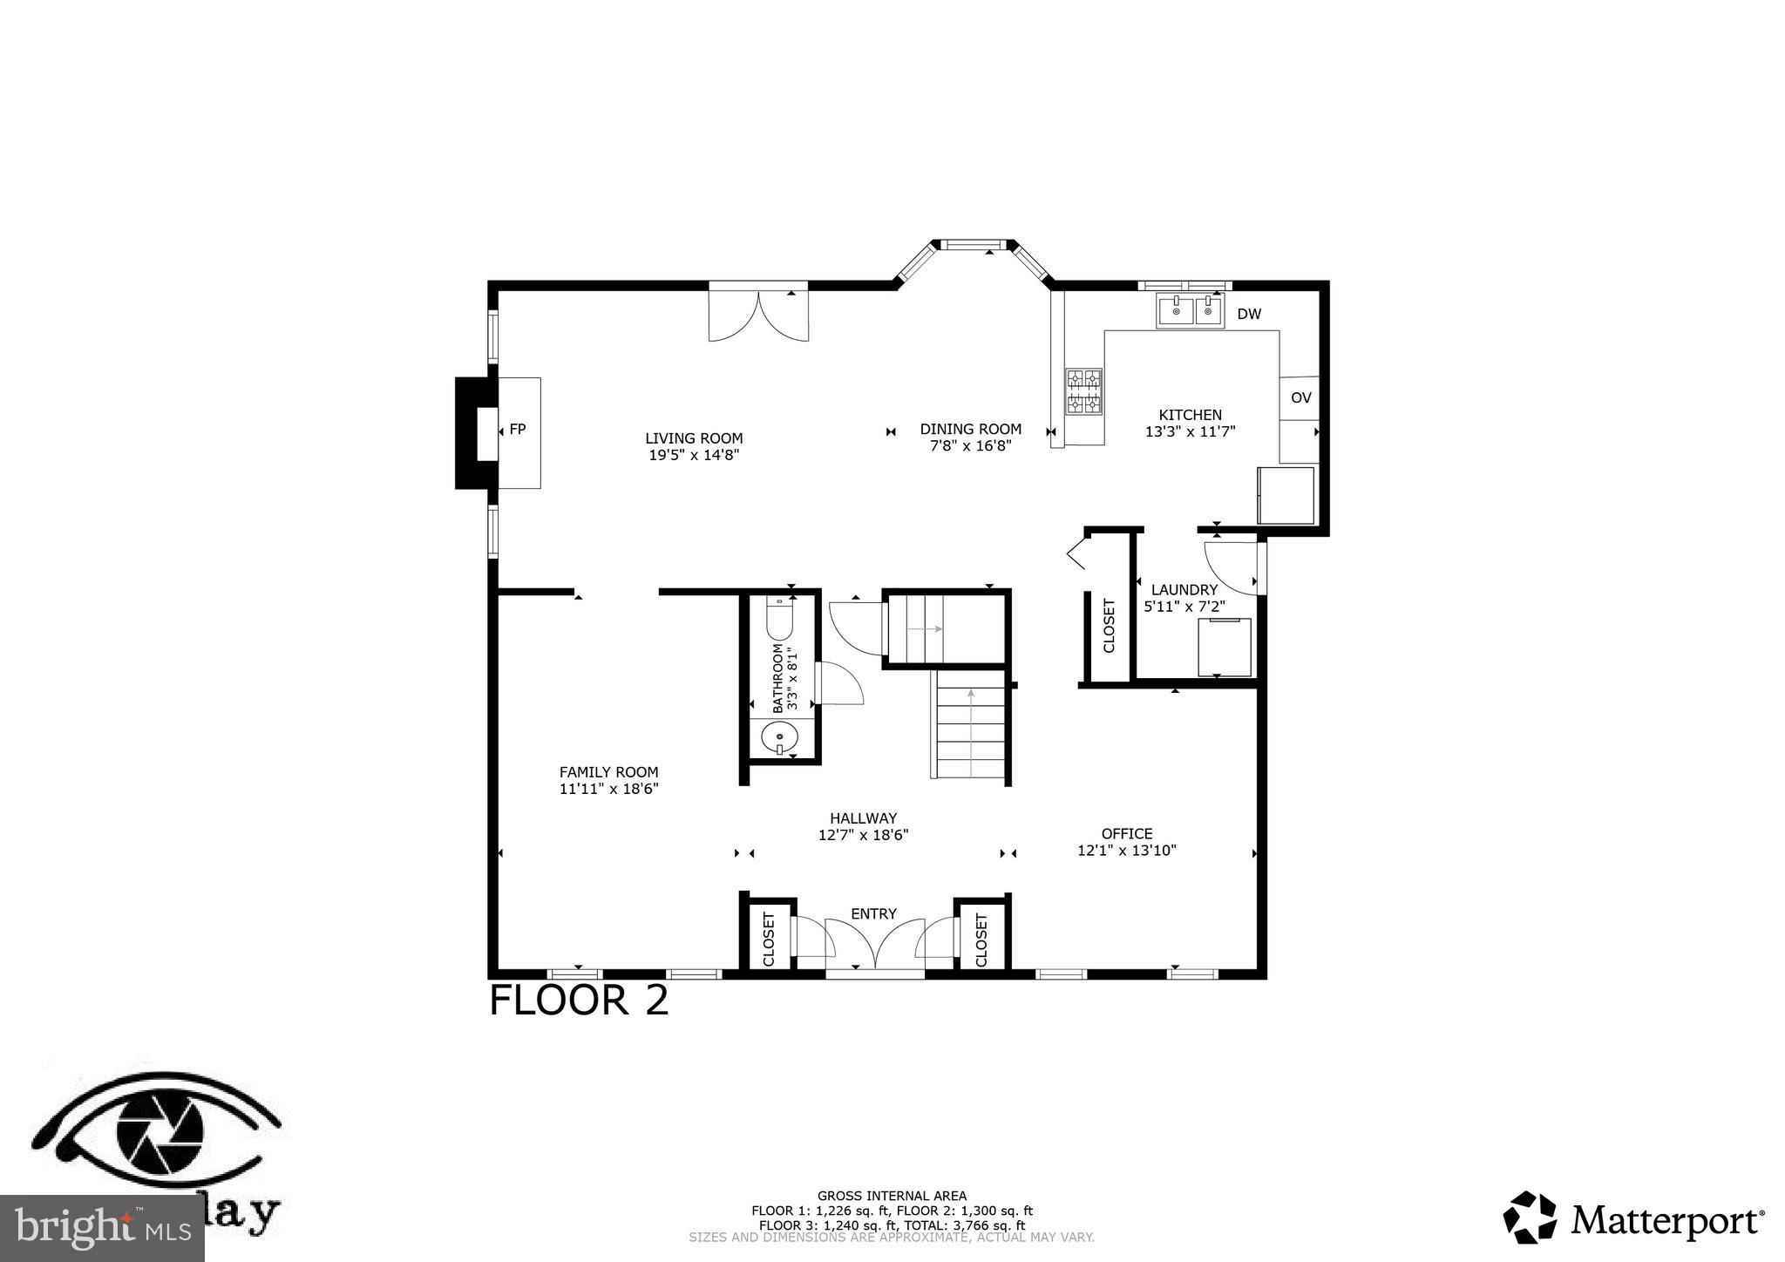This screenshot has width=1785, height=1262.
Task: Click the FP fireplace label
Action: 518,430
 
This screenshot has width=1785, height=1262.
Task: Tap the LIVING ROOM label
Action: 694,438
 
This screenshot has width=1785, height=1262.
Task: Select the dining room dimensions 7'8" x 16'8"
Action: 970,446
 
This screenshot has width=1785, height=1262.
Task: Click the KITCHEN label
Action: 1190,415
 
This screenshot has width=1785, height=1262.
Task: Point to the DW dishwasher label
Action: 1248,315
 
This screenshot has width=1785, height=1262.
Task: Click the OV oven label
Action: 1300,398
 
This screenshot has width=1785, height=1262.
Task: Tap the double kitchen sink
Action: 1190,310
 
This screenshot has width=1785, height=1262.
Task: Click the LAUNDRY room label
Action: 1184,590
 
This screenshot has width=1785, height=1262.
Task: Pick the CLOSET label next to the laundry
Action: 1109,625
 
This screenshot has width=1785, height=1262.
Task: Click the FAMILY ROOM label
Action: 608,772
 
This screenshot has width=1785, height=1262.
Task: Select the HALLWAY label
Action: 863,818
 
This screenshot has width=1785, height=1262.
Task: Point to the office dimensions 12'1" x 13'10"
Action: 1126,851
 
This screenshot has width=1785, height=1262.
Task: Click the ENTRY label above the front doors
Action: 873,913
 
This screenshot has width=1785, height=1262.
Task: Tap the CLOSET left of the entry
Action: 768,939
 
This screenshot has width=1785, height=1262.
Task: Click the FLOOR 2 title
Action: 579,1000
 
